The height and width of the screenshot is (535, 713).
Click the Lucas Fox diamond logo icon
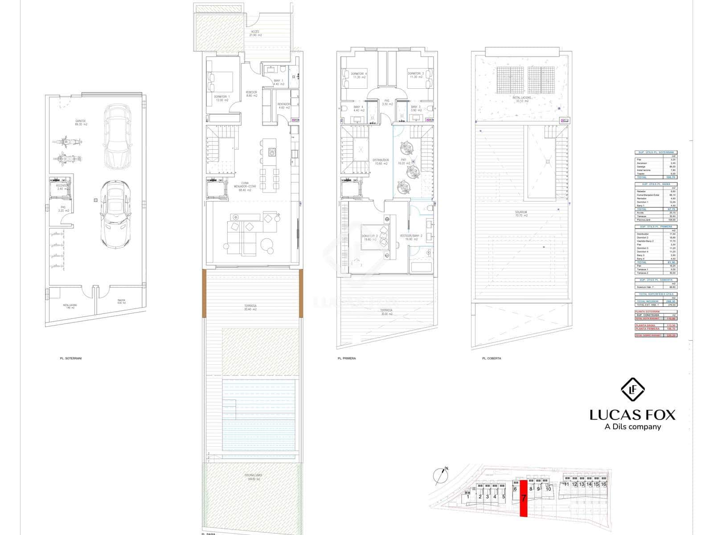pos(633,389)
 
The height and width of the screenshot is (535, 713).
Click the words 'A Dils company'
pos(632,427)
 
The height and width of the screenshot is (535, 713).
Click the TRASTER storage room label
pos(121,300)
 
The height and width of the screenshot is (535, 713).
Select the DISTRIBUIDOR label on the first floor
pos(381,160)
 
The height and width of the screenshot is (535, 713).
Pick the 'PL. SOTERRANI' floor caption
pos(71,358)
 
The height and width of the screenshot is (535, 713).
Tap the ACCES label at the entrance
pos(255,32)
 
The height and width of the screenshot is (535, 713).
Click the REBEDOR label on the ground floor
pos(251,92)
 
